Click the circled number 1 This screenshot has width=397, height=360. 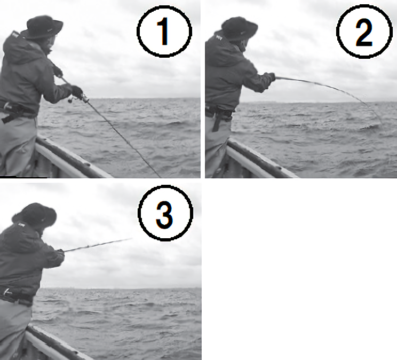164,32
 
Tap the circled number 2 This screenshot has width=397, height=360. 364,32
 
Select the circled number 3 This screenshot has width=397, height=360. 165,214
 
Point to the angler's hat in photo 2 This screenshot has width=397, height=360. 239,28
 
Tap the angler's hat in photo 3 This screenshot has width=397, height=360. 35,215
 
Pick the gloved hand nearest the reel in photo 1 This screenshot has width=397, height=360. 76,91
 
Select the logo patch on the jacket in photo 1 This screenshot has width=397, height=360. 14,34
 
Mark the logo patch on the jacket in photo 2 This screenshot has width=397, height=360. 219,38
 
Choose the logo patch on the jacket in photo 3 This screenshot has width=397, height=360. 21,225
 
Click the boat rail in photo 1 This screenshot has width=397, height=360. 74,157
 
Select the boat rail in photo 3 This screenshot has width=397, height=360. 58,343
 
